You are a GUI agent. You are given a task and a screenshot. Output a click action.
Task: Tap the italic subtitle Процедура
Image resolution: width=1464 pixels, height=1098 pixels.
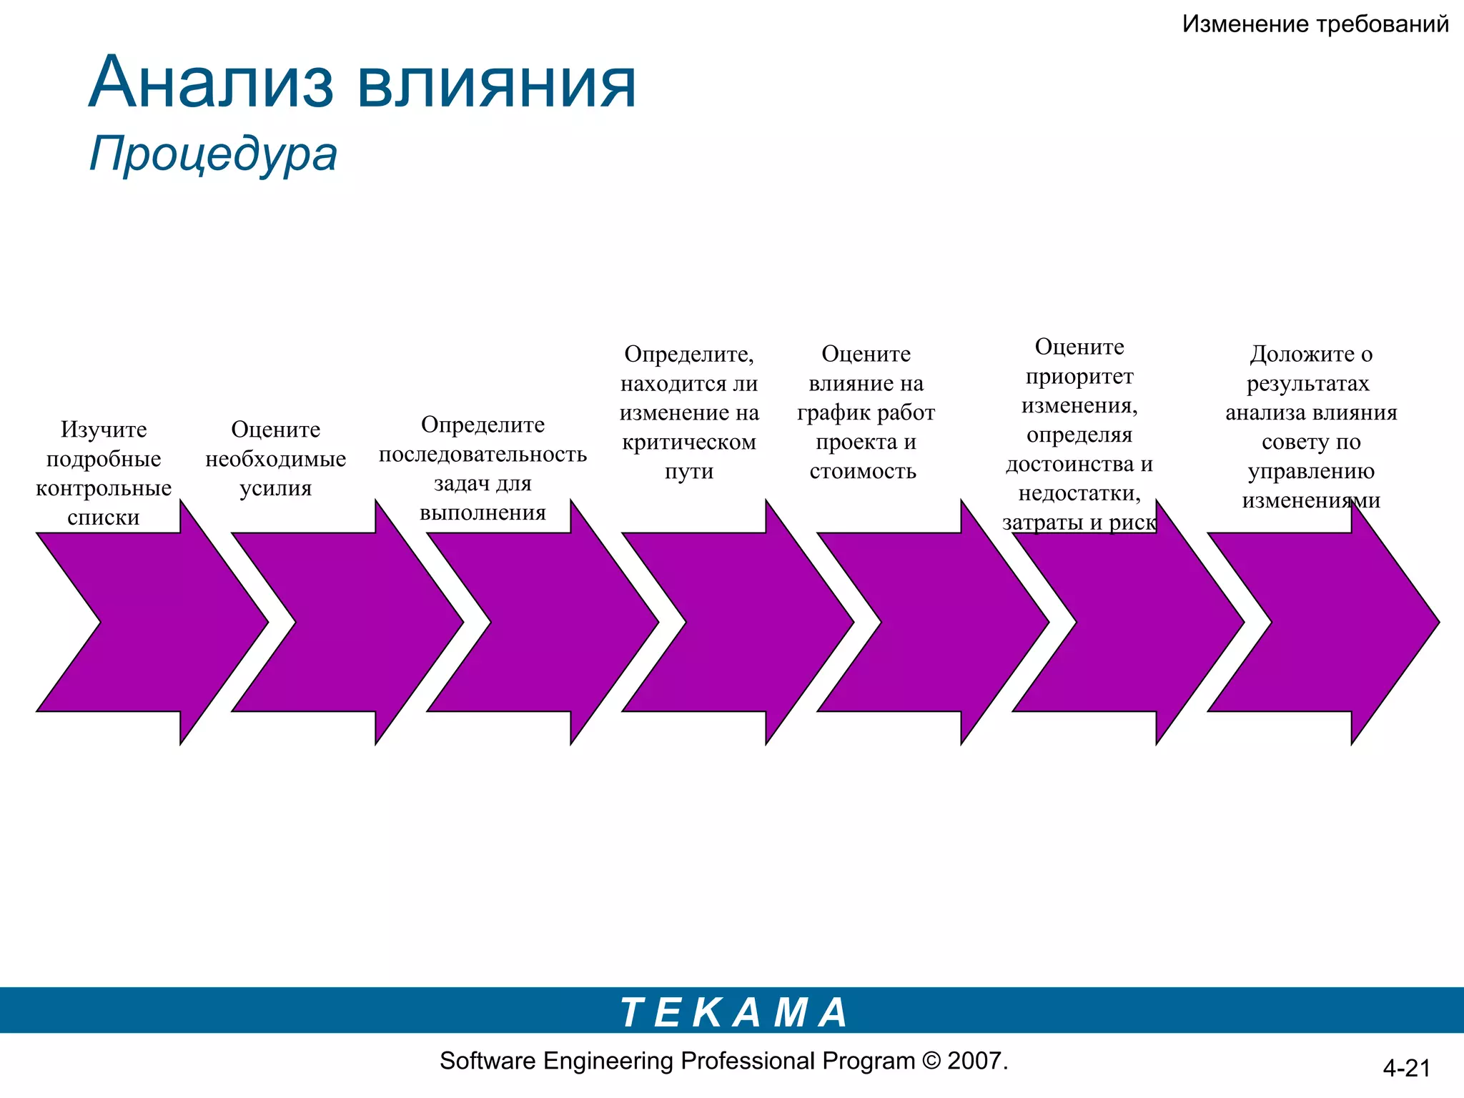[213, 154]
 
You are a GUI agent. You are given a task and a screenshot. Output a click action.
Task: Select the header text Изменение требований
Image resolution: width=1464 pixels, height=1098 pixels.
[1315, 24]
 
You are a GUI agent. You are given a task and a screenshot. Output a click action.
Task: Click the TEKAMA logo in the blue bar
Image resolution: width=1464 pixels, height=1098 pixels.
[733, 1012]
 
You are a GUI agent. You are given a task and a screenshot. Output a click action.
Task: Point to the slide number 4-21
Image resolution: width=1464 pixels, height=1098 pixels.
[1406, 1068]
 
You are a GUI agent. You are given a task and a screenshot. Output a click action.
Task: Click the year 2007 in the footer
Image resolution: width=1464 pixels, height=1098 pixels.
[974, 1061]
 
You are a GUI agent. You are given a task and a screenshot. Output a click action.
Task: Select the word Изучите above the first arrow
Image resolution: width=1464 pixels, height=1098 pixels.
[104, 429]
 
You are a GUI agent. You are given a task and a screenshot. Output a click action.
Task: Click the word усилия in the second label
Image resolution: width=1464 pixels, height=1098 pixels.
[276, 488]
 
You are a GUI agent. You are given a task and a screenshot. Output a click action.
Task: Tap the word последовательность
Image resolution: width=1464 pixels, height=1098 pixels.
[483, 454]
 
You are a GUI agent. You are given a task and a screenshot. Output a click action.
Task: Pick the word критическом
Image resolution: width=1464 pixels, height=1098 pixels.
[689, 442]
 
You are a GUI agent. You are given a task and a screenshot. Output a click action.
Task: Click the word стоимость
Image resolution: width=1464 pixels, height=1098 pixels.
[863, 471]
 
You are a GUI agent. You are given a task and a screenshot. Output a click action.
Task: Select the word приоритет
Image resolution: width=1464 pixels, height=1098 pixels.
[1079, 376]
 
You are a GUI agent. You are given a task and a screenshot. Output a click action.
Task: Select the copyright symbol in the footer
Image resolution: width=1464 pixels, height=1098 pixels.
[931, 1061]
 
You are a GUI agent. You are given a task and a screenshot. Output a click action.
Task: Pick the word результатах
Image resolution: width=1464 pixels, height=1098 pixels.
[1308, 383]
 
